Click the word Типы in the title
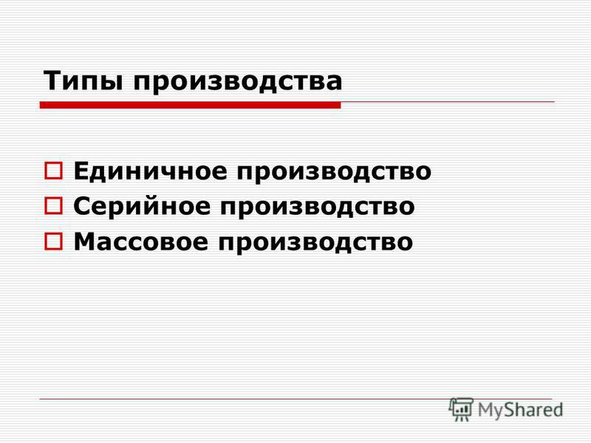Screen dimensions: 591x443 (83, 81)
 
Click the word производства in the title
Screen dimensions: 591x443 (238, 82)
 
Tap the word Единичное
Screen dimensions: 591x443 (151, 172)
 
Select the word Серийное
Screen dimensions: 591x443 (142, 207)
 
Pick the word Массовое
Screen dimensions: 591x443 (141, 241)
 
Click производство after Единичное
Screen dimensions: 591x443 (334, 174)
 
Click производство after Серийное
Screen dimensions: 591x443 (318, 208)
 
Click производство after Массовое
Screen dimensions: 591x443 (316, 244)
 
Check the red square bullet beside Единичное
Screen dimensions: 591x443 (53, 171)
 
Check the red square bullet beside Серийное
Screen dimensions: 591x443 (53, 206)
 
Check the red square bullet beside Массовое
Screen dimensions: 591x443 (53, 241)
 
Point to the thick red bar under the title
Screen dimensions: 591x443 (191, 105)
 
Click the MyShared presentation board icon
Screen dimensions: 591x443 (461, 409)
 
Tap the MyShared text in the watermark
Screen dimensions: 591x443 (521, 410)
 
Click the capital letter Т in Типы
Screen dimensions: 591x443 (53, 80)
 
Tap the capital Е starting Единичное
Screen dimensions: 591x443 (82, 171)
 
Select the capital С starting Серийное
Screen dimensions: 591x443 (83, 206)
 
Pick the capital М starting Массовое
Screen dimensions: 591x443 (86, 241)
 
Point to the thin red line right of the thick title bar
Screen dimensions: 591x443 (448, 102)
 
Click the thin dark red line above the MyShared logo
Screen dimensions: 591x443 (296, 399)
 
